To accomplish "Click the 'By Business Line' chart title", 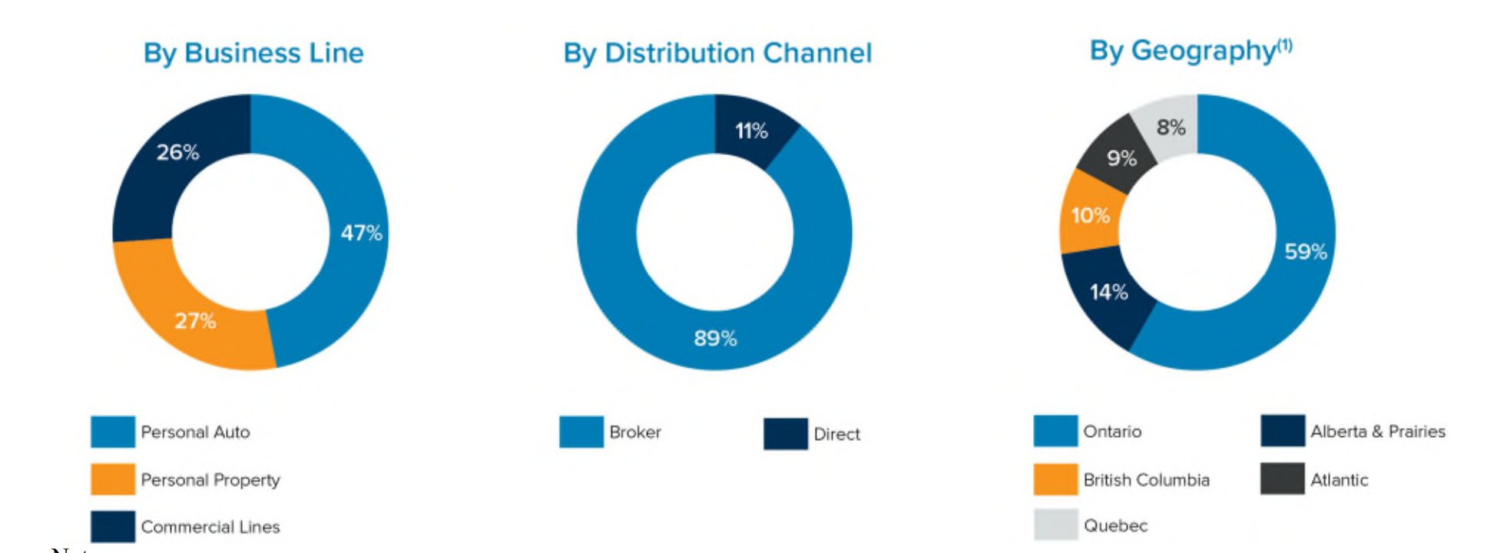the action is point(253,53).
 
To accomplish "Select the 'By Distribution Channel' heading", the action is point(717,53).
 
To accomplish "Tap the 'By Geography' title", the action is point(1191,51).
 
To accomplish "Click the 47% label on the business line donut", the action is point(362,233).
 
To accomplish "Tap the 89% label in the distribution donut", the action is point(715,338).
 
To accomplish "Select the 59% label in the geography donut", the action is point(1306,252).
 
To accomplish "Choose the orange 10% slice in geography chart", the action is point(1089,215).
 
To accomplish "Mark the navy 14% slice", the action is point(1106,296).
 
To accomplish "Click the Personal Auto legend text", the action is point(195,432).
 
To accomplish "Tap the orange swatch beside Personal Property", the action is point(113,479).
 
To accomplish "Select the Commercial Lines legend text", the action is point(210,527).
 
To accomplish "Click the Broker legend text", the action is point(635,432).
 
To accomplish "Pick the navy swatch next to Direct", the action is point(786,434).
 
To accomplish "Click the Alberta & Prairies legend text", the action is point(1378,432).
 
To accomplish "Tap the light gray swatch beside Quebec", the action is point(1056,525).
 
